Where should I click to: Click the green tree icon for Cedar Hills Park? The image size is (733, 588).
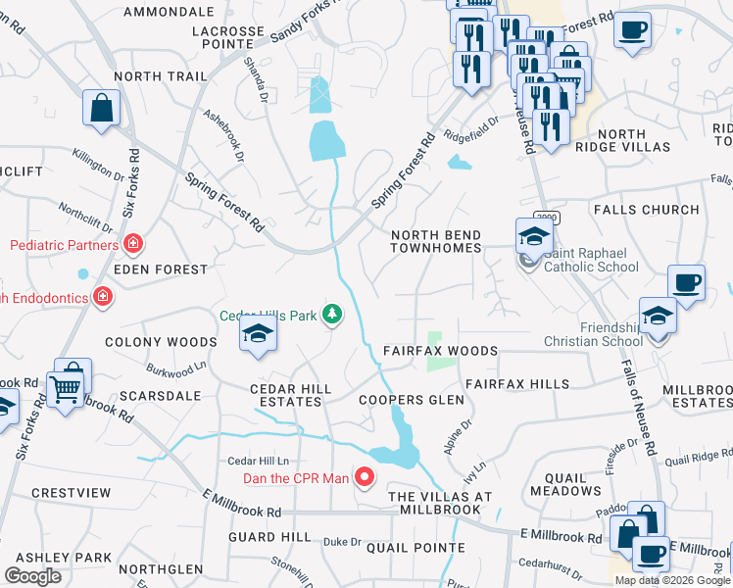click(334, 315)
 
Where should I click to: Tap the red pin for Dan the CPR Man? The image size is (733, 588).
click(365, 477)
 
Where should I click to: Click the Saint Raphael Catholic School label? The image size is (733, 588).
click(590, 259)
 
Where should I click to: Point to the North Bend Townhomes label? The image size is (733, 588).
click(436, 242)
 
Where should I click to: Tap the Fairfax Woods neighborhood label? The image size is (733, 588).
click(440, 351)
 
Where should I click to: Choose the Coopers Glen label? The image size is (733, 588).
click(411, 400)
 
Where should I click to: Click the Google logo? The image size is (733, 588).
click(32, 576)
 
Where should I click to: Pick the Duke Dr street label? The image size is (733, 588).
click(342, 542)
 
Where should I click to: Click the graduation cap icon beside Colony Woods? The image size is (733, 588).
click(258, 334)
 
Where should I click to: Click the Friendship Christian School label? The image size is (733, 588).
click(597, 334)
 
